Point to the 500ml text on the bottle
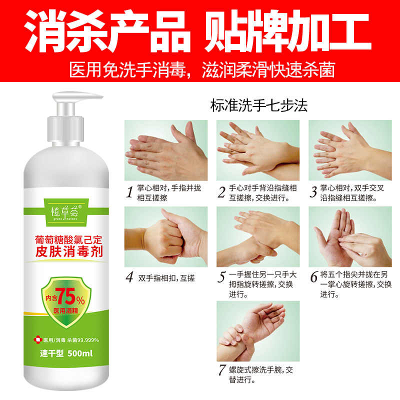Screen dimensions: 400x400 80,353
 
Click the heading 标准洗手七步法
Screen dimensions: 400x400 259,106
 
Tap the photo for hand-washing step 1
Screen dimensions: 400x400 165,150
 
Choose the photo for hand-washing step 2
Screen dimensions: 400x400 258,150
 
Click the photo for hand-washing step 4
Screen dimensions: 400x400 165,236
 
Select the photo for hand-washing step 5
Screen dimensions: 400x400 258,236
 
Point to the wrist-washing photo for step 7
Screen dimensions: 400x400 258,330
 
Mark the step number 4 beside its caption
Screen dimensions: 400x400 129,276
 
